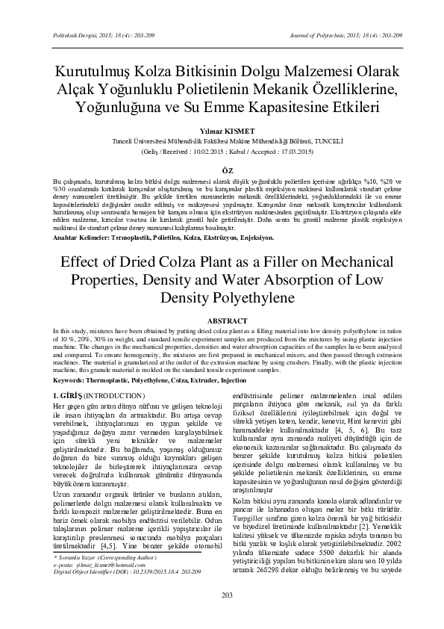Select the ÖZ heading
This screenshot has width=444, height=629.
tap(222, 171)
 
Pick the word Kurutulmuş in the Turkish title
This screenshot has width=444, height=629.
tap(90, 72)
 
